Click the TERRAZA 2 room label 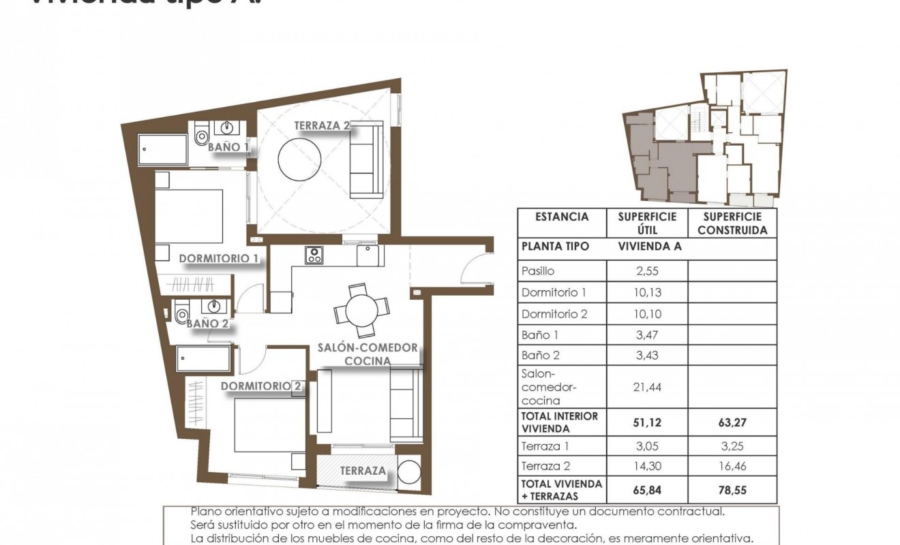pos(322,125)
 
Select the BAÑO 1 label pos(228,146)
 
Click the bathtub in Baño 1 pos(163,149)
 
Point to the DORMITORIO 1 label pos(218,259)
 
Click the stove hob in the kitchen pos(314,254)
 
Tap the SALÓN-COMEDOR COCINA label pos(367,354)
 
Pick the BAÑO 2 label pos(207,324)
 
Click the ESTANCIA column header pos(562,217)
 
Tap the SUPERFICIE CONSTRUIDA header pos(732,223)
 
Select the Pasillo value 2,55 pos(647,270)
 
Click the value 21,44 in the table pos(647,387)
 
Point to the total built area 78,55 pos(732,489)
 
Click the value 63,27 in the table pos(732,422)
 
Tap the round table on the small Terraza pos(410,471)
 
